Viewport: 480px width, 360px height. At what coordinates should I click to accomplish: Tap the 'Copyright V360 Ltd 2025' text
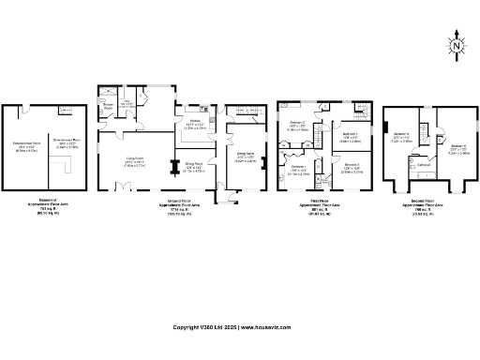(x=205, y=327)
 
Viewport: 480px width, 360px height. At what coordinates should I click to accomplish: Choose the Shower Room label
(x=108, y=107)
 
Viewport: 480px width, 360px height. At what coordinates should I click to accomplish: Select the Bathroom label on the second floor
(x=424, y=165)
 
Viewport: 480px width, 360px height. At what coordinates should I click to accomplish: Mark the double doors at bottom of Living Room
(x=123, y=190)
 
